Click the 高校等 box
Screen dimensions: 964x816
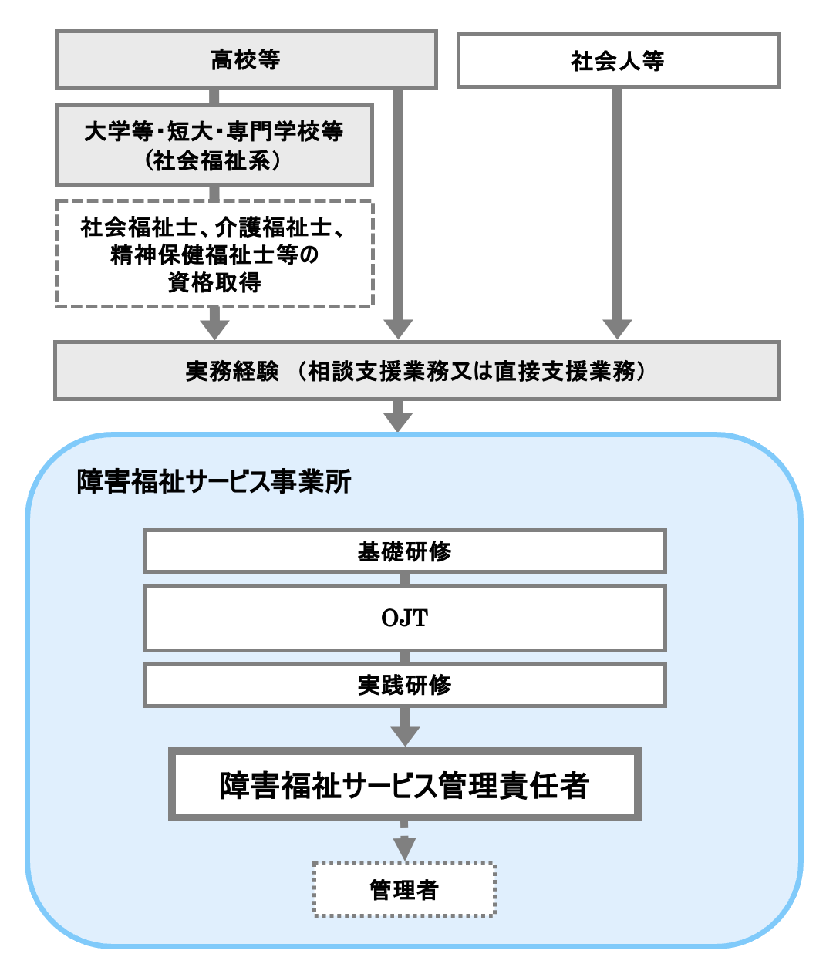(246, 59)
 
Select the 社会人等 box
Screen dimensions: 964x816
(618, 60)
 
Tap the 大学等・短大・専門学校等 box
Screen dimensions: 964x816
(214, 145)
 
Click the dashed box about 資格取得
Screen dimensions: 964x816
(214, 254)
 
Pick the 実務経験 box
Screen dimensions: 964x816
(416, 371)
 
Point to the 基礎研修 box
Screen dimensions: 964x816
(404, 551)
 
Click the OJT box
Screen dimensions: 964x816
(404, 618)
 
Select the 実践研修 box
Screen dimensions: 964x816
(404, 685)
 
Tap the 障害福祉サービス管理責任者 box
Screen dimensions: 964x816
(404, 785)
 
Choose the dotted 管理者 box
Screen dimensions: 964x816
(404, 890)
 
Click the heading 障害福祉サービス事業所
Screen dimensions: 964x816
(214, 482)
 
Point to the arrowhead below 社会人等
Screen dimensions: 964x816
(617, 328)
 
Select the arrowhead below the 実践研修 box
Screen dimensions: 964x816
(404, 733)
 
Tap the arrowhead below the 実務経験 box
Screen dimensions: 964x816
(398, 420)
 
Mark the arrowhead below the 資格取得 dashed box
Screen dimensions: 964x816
(214, 327)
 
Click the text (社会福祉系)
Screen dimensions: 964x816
(214, 160)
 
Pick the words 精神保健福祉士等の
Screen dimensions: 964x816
(214, 254)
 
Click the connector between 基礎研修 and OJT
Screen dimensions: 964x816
(404, 578)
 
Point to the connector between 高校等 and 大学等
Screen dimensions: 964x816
(214, 96)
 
